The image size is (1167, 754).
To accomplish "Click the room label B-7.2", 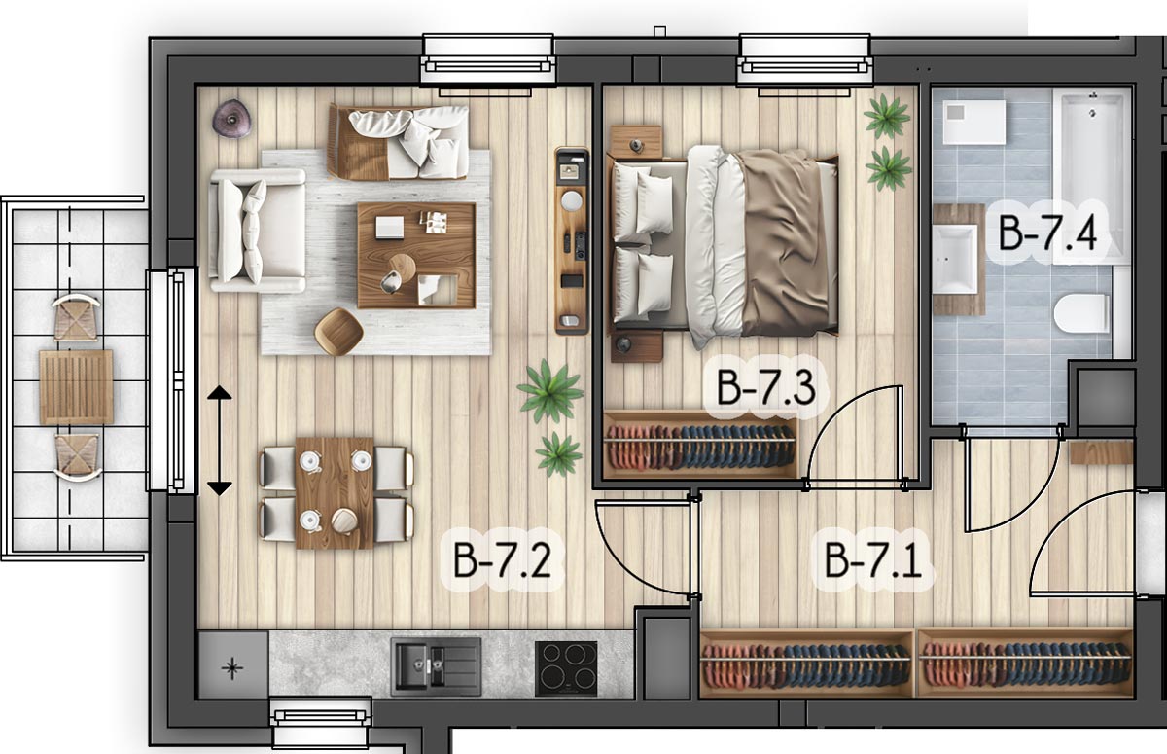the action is pos(502,559).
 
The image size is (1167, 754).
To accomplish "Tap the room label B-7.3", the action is pos(766,386).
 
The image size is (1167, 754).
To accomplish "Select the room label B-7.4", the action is pos(1047,233).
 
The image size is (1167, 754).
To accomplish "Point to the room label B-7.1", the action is pos(873,559).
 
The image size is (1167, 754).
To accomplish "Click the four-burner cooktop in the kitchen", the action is pos(566,668).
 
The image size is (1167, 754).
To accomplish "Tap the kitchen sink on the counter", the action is pos(436,667).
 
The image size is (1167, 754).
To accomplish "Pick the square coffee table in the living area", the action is pos(416,255).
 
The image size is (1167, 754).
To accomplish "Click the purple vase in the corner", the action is pos(231,119).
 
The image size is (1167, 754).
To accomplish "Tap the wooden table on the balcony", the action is pos(76,387).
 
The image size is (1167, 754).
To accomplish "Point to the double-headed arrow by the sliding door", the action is pos(220,441).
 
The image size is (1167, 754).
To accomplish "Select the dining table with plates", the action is pos(335,492).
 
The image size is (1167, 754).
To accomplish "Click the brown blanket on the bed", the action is pos(787,242).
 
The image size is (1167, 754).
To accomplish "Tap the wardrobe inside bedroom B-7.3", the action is pos(701,445).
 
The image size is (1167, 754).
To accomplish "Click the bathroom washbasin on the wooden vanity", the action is pos(955,259).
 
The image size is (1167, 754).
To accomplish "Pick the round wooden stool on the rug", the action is pos(338,332).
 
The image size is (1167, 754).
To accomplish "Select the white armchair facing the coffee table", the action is pos(258,231).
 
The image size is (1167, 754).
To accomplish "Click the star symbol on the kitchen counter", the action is pos(232,667).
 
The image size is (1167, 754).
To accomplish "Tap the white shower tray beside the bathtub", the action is pos(973,122).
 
